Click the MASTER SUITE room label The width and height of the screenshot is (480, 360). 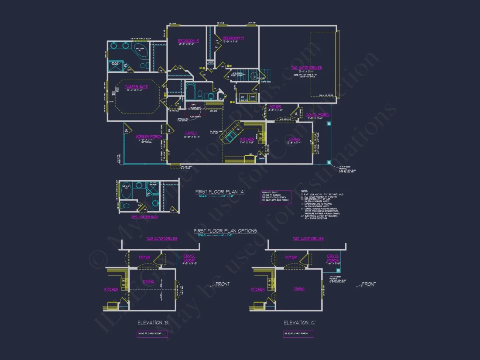point(136,87)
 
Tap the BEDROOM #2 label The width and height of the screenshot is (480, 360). point(188,41)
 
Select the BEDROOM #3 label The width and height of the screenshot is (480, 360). point(233,38)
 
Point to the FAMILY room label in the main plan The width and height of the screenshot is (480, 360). point(191,133)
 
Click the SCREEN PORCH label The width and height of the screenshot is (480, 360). point(149,137)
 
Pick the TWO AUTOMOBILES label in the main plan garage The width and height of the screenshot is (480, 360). point(307,68)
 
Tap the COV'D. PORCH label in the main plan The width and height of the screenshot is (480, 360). point(318,115)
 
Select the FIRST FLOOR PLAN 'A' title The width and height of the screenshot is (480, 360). point(219,192)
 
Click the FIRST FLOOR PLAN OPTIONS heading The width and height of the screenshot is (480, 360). point(225,231)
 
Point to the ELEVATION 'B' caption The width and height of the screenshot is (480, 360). point(153,322)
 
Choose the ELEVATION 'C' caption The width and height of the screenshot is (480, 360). point(299,322)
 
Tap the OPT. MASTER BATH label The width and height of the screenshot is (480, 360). point(145,216)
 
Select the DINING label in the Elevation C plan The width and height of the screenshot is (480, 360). point(299,289)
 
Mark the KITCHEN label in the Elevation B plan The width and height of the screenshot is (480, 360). point(111,289)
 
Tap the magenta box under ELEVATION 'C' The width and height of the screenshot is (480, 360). point(298,334)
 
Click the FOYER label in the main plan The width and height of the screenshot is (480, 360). point(275,106)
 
